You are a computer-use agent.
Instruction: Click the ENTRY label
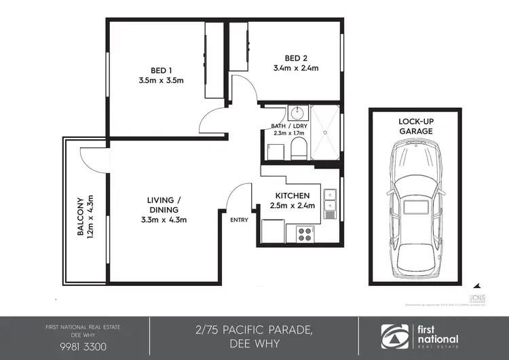click(x=239, y=219)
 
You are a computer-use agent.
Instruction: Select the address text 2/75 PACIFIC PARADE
click(x=254, y=329)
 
